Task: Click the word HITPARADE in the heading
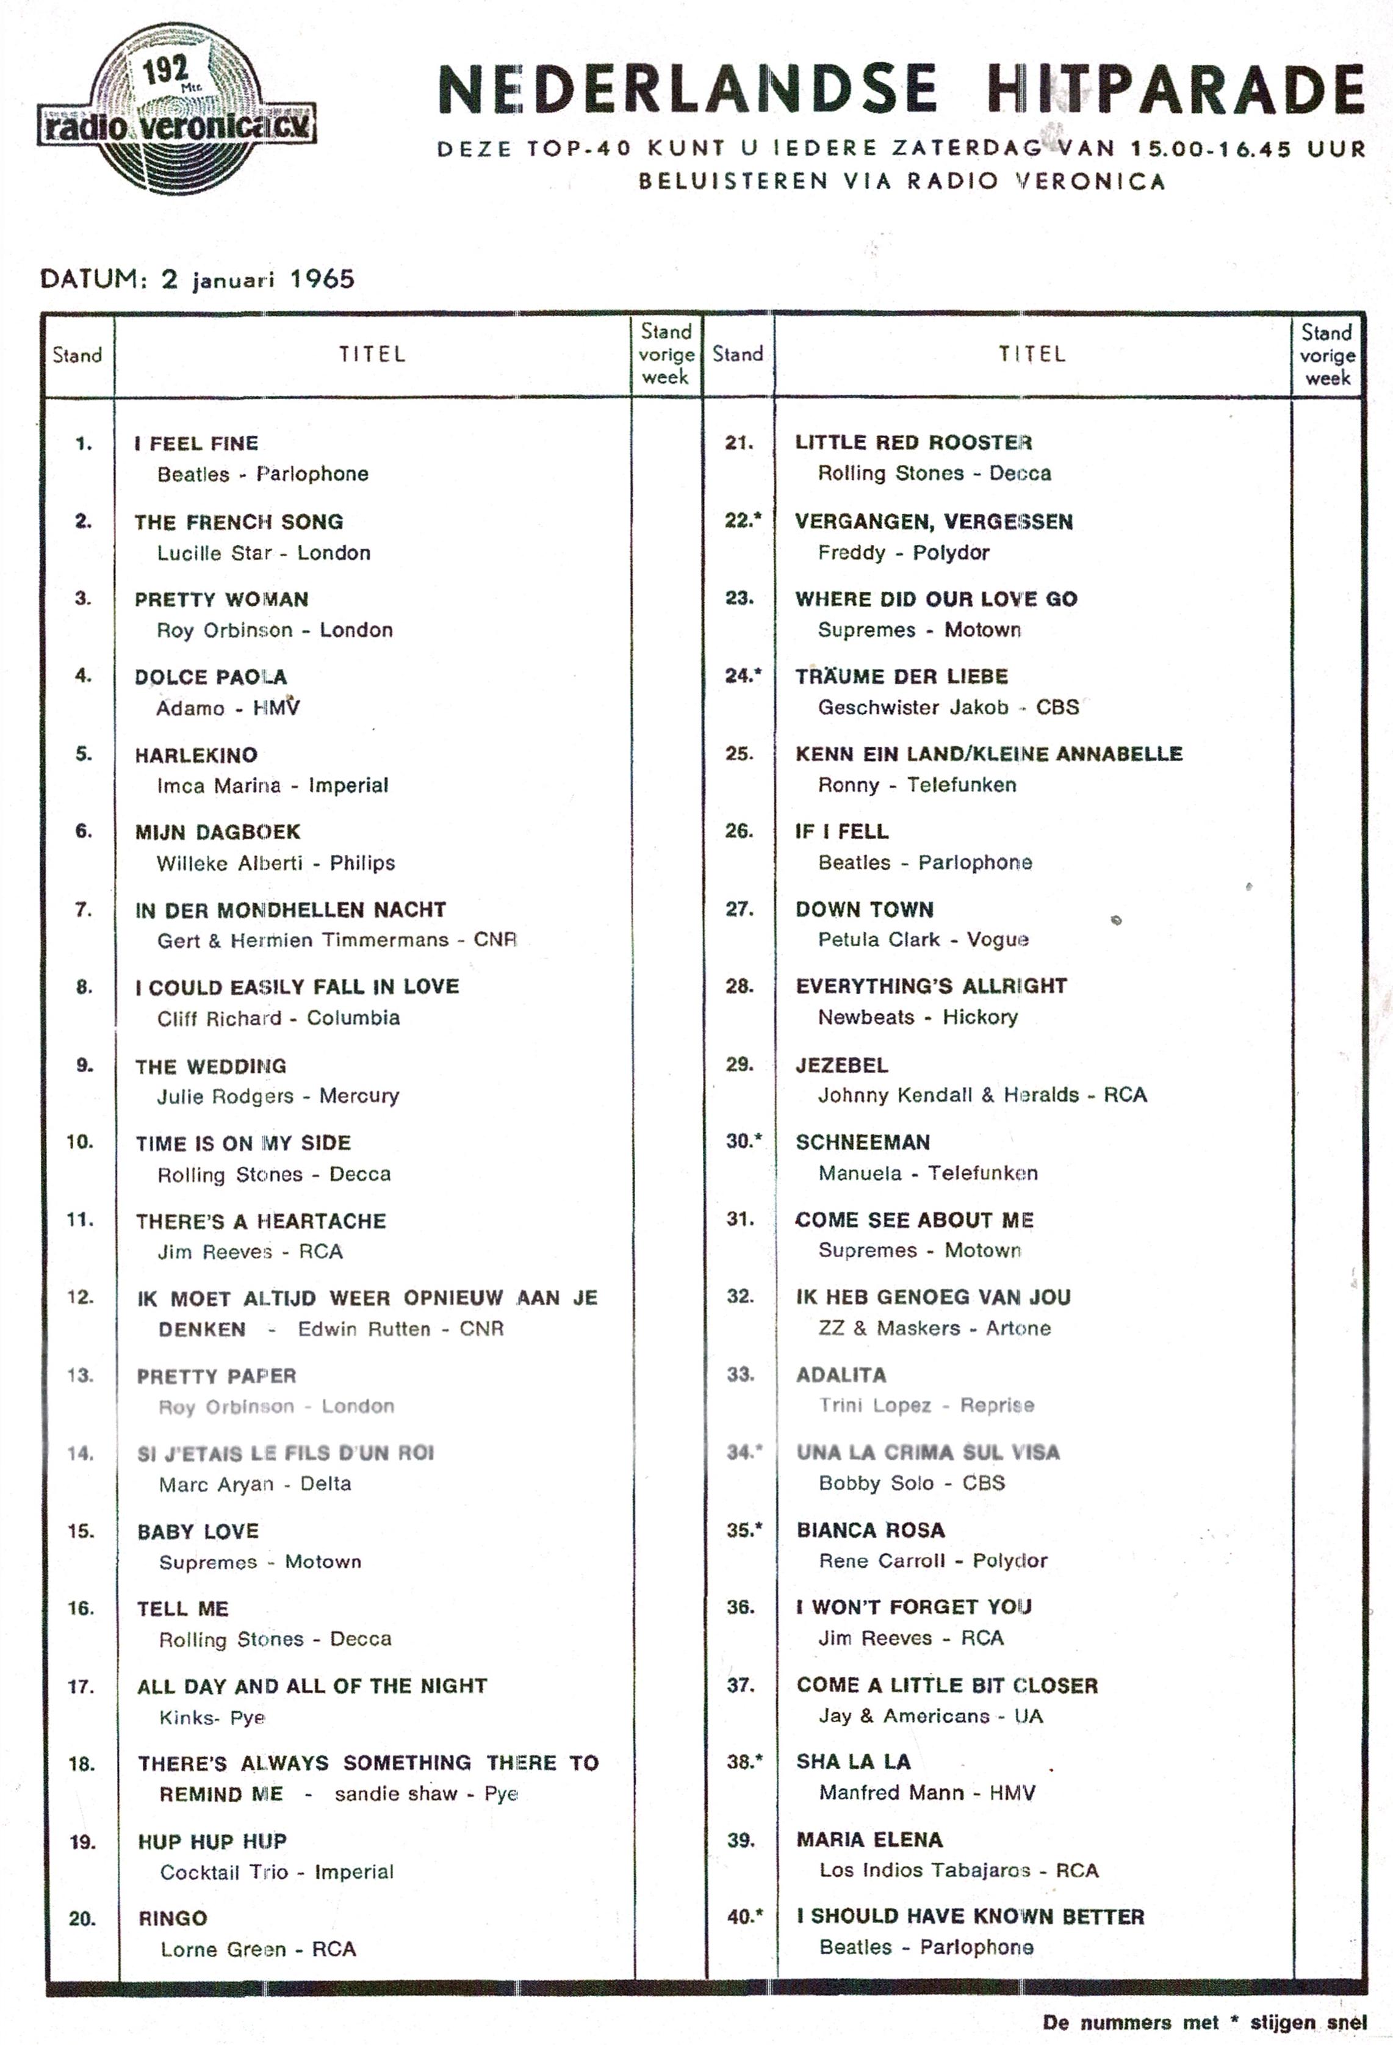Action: pos(1175,90)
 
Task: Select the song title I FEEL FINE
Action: pos(196,444)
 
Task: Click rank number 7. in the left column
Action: pos(84,909)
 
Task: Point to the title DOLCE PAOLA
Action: pos(211,677)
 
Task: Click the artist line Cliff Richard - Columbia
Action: pos(278,1018)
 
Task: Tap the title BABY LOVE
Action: pos(198,1531)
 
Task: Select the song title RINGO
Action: pos(173,1918)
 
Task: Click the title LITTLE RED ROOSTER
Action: pos(913,442)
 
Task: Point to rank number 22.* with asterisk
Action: pos(743,520)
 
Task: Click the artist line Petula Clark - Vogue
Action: pos(923,940)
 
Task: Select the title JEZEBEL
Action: pos(841,1065)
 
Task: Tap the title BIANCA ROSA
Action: pos(870,1530)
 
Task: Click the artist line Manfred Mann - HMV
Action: pos(927,1792)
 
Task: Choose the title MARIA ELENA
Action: pos(869,1840)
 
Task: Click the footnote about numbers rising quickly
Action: pos(1204,2022)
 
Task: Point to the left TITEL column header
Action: pos(372,355)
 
